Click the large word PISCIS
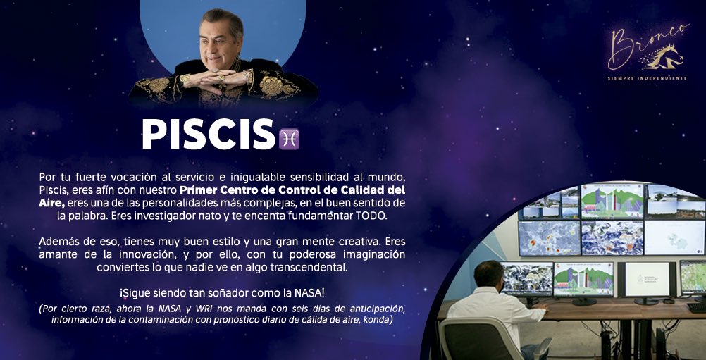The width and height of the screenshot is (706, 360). [209, 134]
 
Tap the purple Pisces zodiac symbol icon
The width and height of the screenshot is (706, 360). [289, 139]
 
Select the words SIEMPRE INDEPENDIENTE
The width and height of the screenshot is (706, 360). [647, 78]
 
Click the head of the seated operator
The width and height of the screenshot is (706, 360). [488, 275]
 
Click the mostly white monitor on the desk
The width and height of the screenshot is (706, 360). [647, 280]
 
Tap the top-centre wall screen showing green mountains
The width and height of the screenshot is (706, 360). [612, 201]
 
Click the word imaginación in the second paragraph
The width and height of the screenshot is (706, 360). [370, 254]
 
